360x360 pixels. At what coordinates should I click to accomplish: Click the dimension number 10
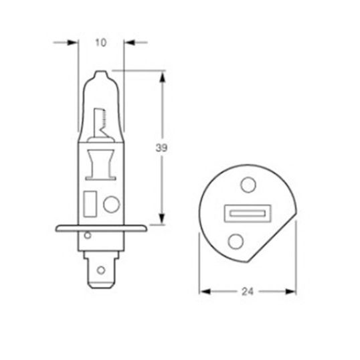click(x=101, y=43)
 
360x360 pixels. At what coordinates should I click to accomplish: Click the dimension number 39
click(x=161, y=148)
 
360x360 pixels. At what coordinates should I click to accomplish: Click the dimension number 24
click(x=248, y=292)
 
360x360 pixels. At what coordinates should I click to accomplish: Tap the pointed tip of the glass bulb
click(x=101, y=72)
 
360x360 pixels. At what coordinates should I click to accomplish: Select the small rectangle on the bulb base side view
click(x=90, y=204)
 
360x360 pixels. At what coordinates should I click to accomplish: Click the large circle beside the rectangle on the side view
click(x=111, y=204)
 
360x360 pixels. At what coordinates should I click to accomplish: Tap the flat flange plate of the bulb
click(x=101, y=228)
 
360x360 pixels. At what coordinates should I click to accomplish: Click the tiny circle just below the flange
click(x=88, y=236)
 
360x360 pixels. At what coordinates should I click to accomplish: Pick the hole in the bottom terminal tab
click(x=101, y=270)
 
